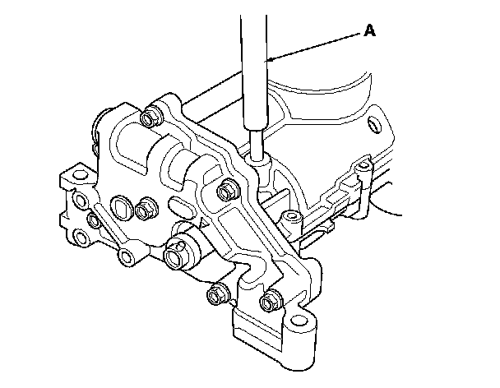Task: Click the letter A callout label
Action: [369, 31]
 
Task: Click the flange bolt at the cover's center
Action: [225, 191]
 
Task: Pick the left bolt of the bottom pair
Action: [218, 291]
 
